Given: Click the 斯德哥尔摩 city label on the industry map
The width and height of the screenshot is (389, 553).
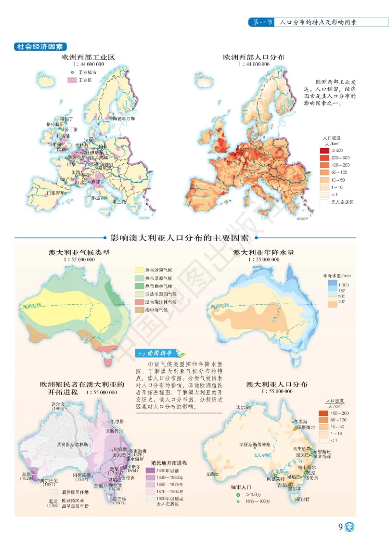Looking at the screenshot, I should (x=125, y=118).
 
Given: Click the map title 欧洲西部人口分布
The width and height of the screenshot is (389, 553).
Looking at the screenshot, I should (x=253, y=57).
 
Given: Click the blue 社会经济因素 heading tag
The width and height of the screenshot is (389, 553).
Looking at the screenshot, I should (x=40, y=47).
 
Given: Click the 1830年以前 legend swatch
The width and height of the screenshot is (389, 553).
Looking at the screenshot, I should (x=150, y=471).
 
